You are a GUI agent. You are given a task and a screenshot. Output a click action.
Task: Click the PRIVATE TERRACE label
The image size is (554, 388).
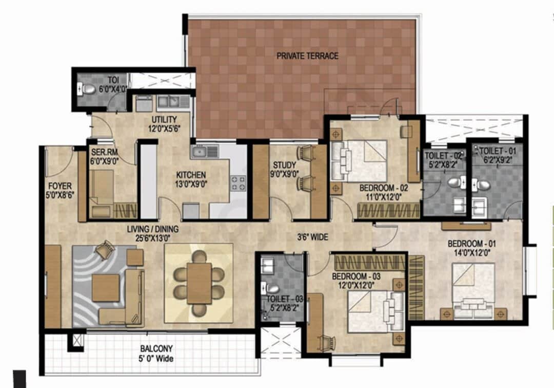pos(307,56)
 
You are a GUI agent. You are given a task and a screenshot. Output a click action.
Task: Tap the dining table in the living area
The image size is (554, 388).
pos(199,283)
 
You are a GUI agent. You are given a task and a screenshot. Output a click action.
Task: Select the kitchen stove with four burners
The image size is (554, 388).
pos(238,183)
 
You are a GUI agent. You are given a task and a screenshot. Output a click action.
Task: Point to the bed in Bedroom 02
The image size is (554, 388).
pos(359,159)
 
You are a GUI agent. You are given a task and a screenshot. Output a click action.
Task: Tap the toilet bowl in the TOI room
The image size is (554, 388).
pos(89,89)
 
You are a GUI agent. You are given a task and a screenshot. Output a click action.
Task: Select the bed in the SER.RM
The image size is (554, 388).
pos(103,193)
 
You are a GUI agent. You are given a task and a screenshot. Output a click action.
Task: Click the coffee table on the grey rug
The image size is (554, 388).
pos(106,287)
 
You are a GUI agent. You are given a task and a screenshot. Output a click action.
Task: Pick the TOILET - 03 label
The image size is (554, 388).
pos(280,299)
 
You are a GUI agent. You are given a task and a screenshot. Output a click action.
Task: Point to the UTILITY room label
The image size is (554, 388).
pos(164,120)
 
